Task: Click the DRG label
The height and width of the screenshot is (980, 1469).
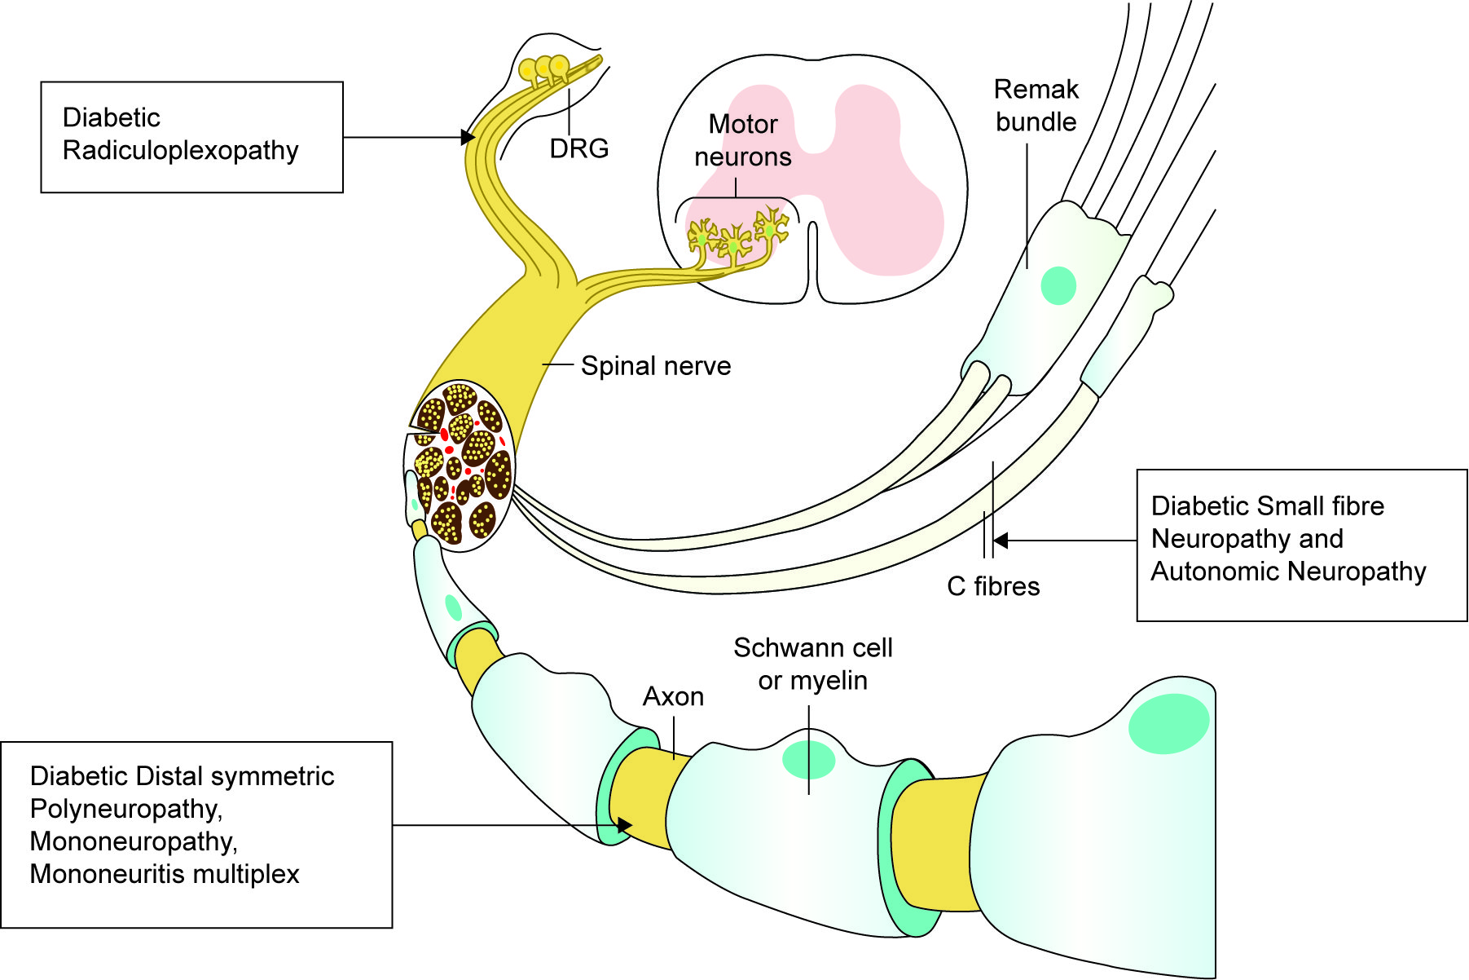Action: tap(578, 148)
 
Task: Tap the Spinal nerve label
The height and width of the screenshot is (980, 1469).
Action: tap(655, 366)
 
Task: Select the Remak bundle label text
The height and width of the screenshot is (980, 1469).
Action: tap(1036, 105)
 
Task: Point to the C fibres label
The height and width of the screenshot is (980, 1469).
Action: tap(993, 586)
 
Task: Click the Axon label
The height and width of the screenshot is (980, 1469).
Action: tap(673, 697)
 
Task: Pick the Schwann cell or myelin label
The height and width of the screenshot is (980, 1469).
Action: tap(812, 664)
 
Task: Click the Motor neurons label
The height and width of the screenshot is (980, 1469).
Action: tap(742, 140)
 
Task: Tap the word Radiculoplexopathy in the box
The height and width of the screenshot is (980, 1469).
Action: tap(180, 151)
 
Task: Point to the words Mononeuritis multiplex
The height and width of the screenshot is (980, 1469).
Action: tap(165, 874)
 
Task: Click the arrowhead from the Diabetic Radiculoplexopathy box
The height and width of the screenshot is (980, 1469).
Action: tap(468, 137)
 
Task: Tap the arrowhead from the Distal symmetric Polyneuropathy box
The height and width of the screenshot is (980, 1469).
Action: tap(625, 825)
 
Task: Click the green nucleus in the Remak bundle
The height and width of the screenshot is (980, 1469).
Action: tap(1058, 285)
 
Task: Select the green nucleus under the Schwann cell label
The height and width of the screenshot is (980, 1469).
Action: tap(808, 760)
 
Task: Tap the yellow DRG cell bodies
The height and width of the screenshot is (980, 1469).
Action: tap(544, 68)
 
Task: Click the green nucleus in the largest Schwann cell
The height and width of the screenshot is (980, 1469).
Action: tap(1168, 723)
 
